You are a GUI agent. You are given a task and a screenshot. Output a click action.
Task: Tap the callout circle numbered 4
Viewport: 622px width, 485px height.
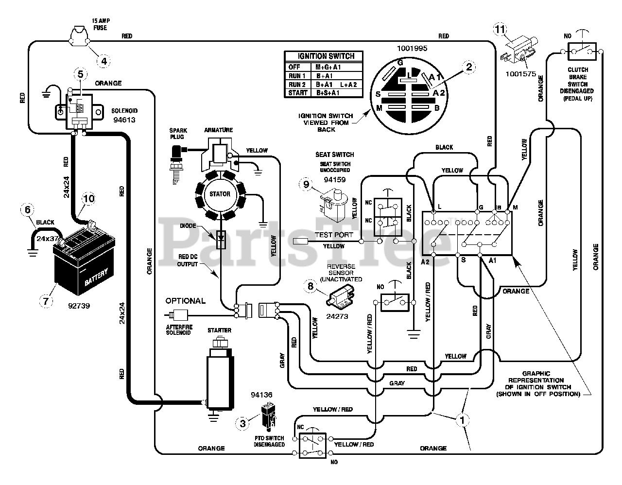click(104, 61)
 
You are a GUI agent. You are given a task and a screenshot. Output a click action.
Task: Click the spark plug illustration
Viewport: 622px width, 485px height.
click(176, 164)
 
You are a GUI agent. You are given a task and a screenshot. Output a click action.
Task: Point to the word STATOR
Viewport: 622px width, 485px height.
click(220, 194)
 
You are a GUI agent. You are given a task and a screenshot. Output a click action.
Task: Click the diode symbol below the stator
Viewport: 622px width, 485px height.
click(221, 239)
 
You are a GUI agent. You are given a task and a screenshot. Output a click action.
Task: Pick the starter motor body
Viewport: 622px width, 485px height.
click(220, 377)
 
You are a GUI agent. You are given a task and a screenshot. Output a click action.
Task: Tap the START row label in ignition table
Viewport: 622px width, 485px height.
click(298, 93)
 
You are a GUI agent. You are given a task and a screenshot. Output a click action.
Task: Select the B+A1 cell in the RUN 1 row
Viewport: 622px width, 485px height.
click(324, 76)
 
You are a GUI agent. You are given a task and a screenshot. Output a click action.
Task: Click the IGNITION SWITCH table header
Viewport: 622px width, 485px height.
click(326, 56)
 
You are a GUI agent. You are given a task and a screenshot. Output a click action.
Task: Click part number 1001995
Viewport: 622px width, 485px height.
click(412, 49)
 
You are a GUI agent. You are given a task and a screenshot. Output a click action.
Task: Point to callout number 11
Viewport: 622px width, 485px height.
click(500, 29)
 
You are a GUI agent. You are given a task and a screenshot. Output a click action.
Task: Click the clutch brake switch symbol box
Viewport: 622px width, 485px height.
click(582, 52)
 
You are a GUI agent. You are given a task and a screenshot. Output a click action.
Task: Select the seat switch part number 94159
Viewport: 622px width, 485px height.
click(335, 180)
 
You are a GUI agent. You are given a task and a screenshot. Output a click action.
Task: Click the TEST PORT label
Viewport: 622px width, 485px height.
click(334, 235)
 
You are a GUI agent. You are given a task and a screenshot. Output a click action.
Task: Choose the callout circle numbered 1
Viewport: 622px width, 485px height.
click(462, 420)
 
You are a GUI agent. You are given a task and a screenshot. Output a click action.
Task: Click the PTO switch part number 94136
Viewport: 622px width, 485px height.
click(261, 395)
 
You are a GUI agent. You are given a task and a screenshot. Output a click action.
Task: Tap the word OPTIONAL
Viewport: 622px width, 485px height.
click(186, 301)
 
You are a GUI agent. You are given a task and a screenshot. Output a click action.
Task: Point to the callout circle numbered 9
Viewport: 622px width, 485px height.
click(306, 184)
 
